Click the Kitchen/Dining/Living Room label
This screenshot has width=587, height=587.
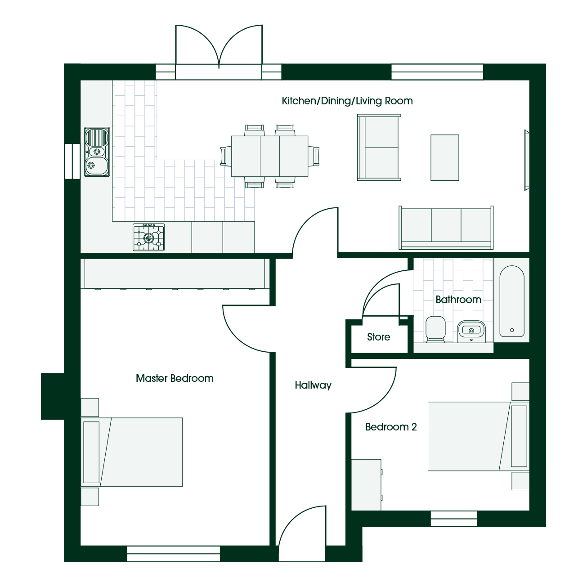(347, 101)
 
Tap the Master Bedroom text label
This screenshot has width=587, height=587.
(175, 378)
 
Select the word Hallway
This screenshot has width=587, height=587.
(313, 385)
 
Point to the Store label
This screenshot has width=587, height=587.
(378, 337)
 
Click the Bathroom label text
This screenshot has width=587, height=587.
(458, 300)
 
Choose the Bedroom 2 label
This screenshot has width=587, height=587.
(391, 427)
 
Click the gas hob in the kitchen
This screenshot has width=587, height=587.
(148, 237)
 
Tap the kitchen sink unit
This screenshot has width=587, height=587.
(97, 152)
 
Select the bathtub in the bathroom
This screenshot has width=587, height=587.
(512, 301)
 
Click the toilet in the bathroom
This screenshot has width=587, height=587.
(435, 329)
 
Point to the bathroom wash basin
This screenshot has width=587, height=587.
(471, 331)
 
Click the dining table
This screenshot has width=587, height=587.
(269, 156)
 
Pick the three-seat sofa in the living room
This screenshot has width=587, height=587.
(446, 228)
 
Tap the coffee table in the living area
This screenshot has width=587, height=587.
(445, 158)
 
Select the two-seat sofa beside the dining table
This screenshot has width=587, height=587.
(379, 148)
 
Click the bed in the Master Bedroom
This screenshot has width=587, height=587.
(132, 452)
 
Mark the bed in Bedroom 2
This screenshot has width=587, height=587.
(479, 436)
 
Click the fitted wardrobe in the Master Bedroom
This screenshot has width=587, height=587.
(175, 273)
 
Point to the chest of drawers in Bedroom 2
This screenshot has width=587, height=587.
(367, 485)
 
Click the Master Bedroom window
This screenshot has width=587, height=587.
(173, 554)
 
